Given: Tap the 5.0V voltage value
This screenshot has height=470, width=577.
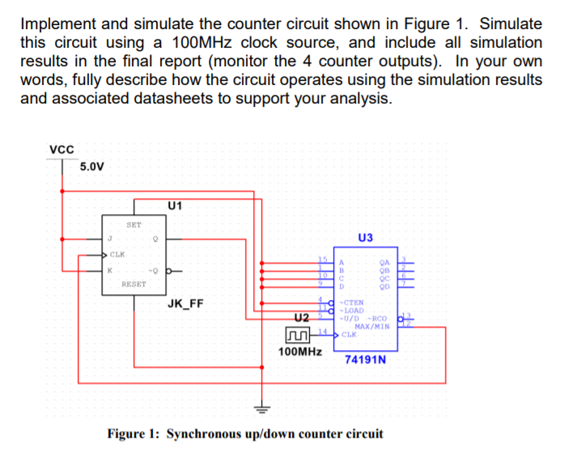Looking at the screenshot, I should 91,167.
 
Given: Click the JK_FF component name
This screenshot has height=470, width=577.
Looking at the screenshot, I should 185,304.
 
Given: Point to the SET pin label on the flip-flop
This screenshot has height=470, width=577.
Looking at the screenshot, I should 134,224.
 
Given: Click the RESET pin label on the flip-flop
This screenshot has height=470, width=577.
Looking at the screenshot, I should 134,284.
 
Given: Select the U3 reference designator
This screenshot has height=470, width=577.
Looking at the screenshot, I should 364,238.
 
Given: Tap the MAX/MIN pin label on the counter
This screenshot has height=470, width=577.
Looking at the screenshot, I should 371,326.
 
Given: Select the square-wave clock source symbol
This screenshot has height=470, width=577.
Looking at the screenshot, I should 299,333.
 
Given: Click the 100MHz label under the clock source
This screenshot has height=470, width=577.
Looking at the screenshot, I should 299,352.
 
